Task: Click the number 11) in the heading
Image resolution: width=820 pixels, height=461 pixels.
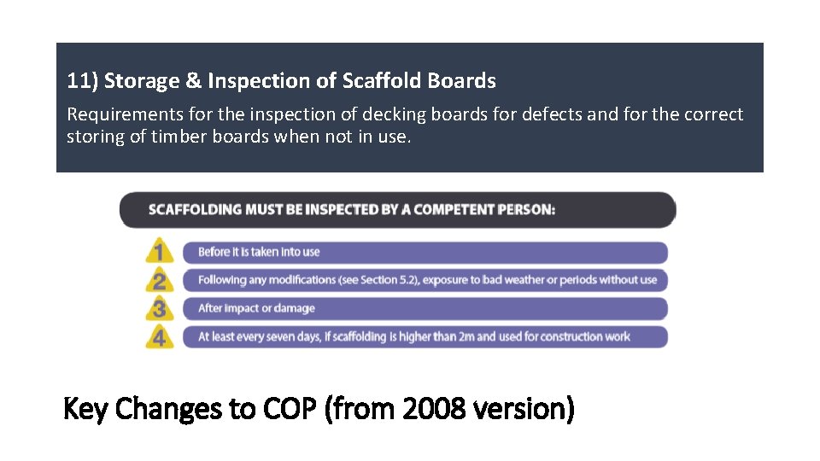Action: point(82,81)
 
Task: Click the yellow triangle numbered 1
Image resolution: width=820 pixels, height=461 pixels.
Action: point(159,252)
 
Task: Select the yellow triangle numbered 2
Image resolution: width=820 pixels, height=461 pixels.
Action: point(159,280)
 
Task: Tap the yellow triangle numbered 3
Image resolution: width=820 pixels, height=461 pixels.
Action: point(159,308)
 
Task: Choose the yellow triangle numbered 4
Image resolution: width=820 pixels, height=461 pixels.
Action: point(159,336)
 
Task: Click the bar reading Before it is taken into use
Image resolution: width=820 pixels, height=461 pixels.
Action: point(425,252)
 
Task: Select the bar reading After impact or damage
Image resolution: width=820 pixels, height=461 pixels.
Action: point(425,308)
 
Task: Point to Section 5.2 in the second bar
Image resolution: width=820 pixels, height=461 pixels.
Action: point(387,280)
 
